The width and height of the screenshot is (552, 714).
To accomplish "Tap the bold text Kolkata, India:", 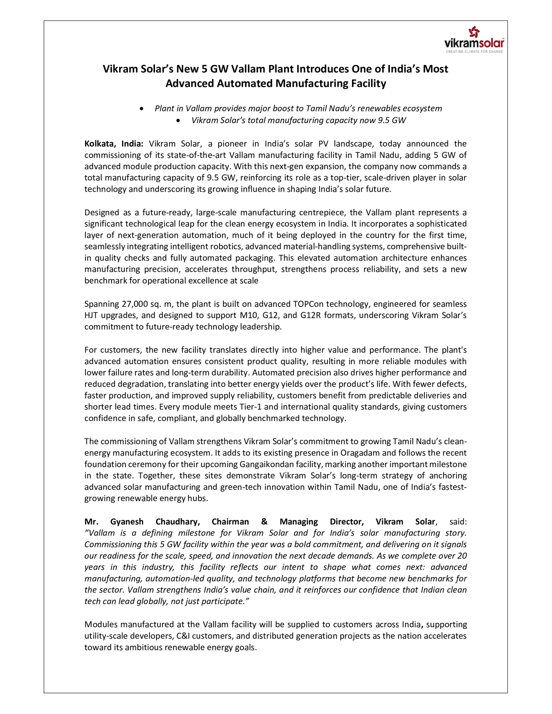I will (x=113, y=144).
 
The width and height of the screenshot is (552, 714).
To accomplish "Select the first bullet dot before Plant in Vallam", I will (x=141, y=109).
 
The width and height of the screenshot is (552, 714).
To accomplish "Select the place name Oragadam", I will (x=362, y=453).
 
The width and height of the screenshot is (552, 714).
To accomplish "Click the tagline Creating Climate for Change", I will (x=474, y=52).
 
